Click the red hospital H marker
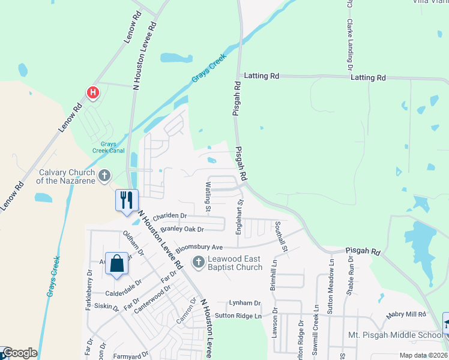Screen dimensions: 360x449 tap(92, 92)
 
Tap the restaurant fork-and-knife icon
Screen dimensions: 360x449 tap(127, 199)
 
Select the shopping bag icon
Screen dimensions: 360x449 tap(116, 262)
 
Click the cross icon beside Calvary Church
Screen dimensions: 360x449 tap(104, 176)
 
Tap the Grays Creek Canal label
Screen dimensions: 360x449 tap(108, 148)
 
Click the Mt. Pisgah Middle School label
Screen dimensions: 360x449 tap(395, 334)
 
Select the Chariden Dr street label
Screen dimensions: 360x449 tap(170, 216)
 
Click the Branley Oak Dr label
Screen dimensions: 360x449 tap(179, 229)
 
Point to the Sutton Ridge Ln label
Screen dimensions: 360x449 tap(239, 316)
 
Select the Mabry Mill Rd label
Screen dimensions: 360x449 tap(406, 314)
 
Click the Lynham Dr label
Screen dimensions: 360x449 tap(245, 304)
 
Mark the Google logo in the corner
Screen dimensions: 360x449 tap(19, 353)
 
